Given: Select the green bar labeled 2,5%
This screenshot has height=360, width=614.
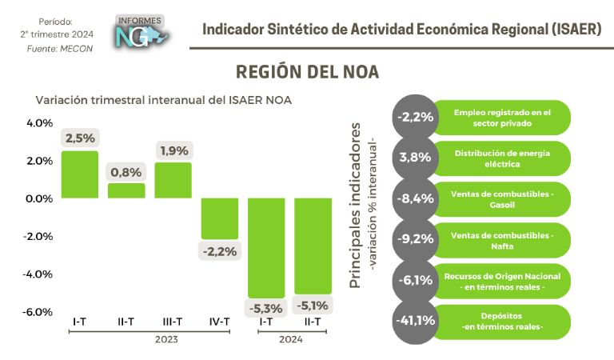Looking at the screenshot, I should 80,174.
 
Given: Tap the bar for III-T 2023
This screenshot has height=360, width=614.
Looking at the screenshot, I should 173,180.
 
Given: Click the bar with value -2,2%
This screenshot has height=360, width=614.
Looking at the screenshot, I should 219,218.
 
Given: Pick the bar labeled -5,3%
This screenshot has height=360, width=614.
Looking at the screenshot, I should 266,247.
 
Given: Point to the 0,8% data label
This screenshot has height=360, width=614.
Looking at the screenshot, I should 126,171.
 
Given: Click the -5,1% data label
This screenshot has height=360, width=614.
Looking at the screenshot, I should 313,305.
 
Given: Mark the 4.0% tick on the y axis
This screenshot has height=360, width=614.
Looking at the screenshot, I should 40,123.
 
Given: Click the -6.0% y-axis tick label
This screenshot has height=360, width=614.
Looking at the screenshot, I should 39,312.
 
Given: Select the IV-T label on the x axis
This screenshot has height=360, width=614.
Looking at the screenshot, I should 218,322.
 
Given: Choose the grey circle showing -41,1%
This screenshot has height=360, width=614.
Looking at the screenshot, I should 414,322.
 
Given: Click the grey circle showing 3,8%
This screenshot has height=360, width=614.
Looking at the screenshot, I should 414,158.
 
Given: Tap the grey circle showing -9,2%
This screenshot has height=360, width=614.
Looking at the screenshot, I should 414,239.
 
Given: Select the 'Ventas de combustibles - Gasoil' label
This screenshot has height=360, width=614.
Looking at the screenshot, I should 503,198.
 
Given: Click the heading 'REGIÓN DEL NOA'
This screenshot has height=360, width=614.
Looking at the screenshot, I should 307,72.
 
